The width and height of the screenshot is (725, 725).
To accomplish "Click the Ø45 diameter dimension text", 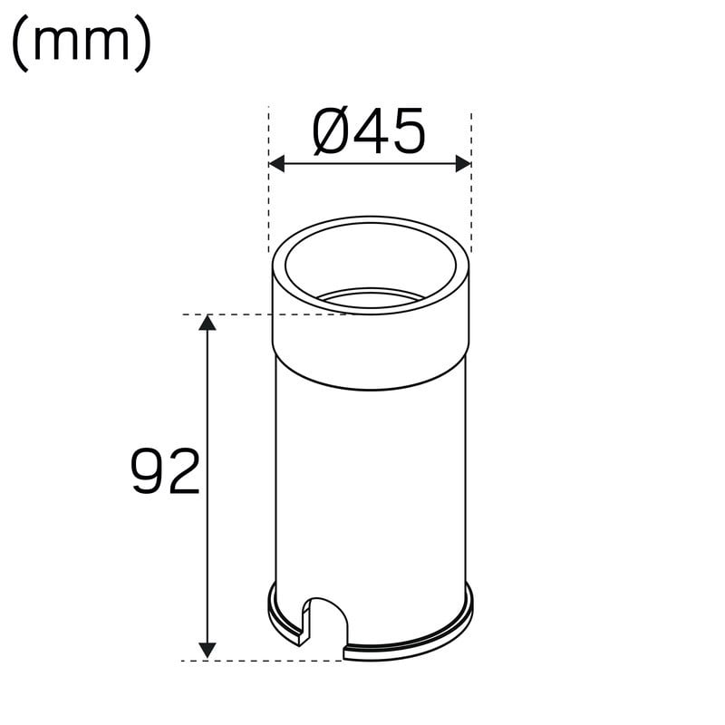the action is click(x=369, y=131).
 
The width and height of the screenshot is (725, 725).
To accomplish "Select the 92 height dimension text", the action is click(x=166, y=471).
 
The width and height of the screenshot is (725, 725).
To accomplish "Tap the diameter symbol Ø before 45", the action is click(x=330, y=131).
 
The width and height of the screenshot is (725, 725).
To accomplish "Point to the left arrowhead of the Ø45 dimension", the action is click(x=276, y=164).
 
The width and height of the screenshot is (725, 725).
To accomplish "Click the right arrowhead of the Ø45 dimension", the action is click(x=463, y=164).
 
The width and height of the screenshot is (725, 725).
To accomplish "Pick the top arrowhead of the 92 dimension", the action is click(x=208, y=323).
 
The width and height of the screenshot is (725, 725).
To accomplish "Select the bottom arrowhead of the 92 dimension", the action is click(x=208, y=650).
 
